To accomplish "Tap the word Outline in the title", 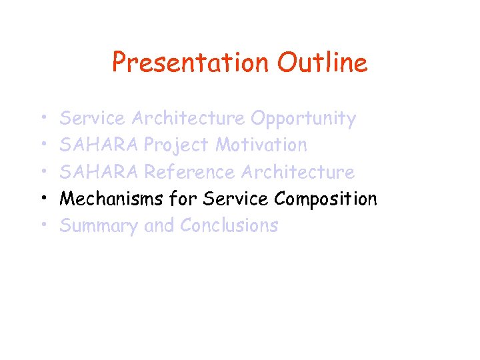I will (x=323, y=63).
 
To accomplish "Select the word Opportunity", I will (x=303, y=119).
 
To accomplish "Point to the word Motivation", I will (x=261, y=145).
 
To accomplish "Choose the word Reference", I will (x=190, y=172).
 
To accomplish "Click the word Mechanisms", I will (x=111, y=199).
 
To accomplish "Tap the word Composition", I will (x=325, y=199).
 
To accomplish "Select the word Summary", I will (x=99, y=226).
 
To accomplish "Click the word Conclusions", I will (x=229, y=226).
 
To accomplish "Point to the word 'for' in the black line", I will (x=183, y=199).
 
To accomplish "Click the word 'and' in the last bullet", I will (x=159, y=226).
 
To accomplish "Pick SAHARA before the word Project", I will (x=99, y=145).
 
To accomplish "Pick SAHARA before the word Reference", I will (x=99, y=172).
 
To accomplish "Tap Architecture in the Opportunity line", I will (x=188, y=119).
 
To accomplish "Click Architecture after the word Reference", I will (x=297, y=172).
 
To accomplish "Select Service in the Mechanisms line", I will (x=237, y=199).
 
